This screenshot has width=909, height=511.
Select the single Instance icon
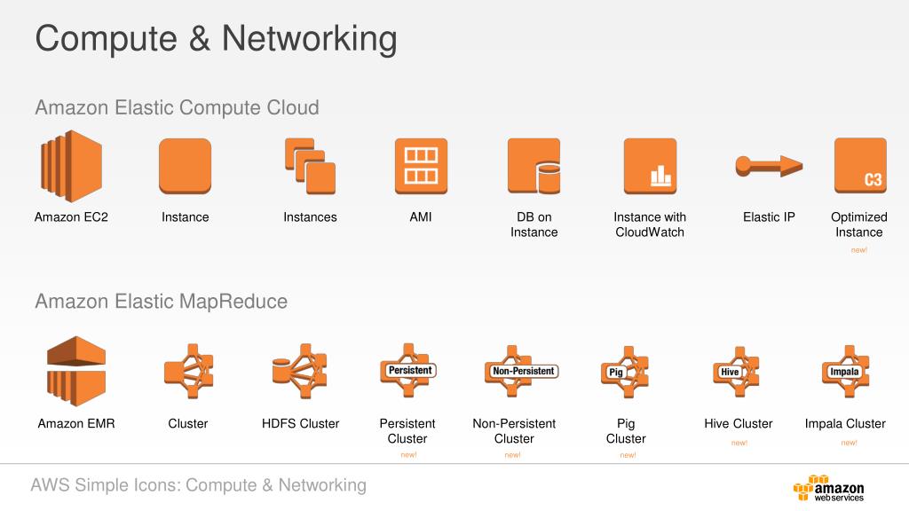tap(185, 166)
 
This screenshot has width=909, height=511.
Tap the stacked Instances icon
tap(310, 166)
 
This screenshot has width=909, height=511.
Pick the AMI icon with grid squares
tap(421, 166)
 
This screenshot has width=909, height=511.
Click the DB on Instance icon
tap(534, 166)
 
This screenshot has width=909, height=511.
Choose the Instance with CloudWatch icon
tap(650, 166)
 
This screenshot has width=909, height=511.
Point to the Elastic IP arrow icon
tap(768, 165)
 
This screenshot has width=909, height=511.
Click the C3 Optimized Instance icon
tap(859, 166)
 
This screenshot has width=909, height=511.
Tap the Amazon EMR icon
tap(76, 370)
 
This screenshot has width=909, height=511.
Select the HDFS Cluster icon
tap(300, 370)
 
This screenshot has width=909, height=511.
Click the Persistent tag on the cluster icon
tap(409, 369)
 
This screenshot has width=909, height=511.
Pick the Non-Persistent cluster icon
tap(523, 371)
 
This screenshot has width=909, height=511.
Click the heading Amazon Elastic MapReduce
tap(161, 302)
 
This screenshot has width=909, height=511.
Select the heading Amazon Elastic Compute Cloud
tap(177, 108)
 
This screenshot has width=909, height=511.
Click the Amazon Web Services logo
tap(829, 489)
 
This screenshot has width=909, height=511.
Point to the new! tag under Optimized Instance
tap(858, 250)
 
